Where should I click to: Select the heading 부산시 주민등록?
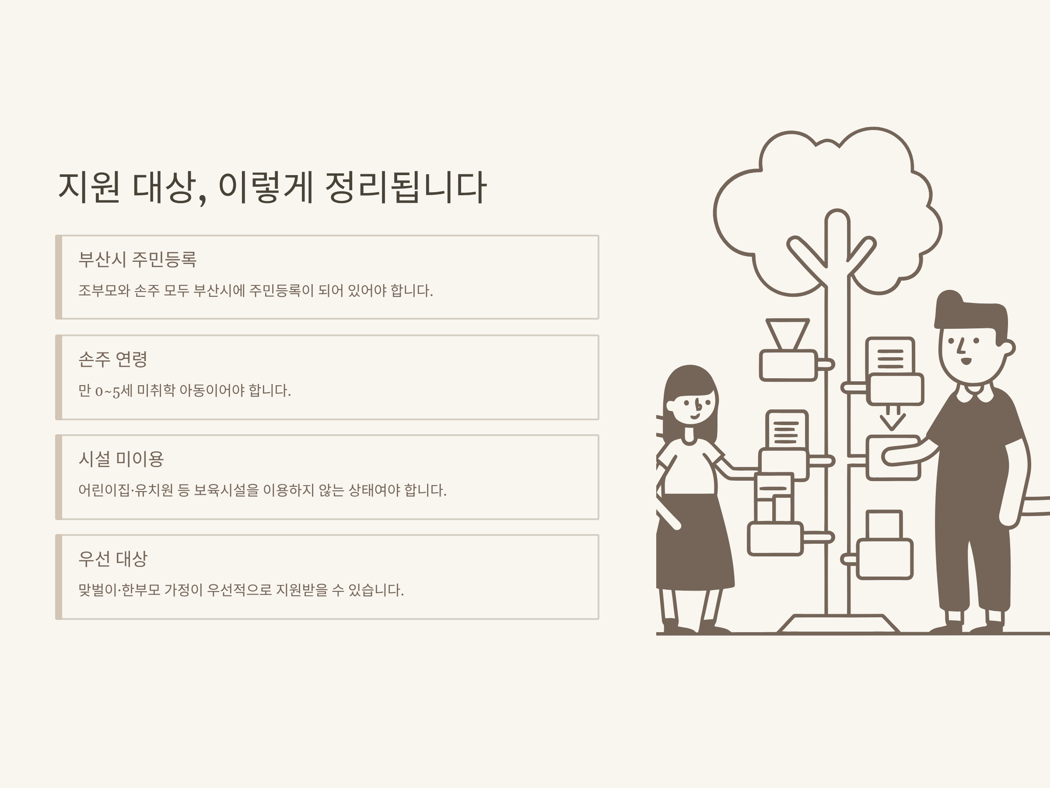(137, 259)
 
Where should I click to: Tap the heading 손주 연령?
(113, 359)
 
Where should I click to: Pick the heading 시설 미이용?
(121, 459)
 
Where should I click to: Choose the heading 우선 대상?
(113, 559)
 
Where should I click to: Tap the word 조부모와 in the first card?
(104, 290)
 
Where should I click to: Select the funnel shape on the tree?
(787, 334)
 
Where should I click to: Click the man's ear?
(1008, 347)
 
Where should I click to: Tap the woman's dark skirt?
(696, 542)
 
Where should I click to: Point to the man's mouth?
(966, 362)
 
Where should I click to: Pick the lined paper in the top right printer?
(890, 356)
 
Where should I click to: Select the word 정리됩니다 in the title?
(406, 187)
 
